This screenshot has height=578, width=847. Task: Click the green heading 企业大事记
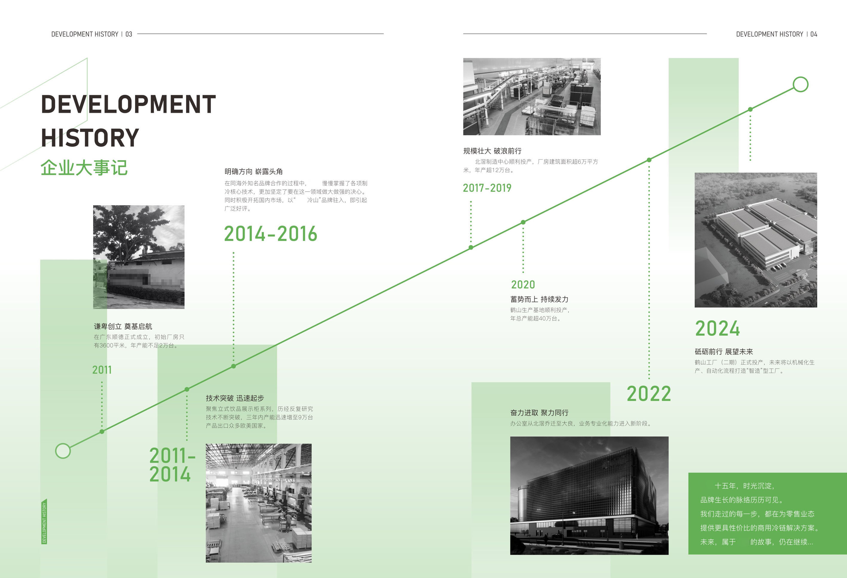tap(84, 168)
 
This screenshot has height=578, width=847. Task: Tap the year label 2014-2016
tap(270, 234)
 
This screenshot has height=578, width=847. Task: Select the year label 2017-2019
tap(487, 188)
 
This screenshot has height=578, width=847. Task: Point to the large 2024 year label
tap(717, 328)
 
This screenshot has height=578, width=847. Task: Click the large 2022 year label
tap(649, 394)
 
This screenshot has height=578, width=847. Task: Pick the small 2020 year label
tap(523, 285)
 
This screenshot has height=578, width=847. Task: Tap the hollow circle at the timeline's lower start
tap(63, 451)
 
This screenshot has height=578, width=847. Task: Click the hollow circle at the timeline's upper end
tap(800, 84)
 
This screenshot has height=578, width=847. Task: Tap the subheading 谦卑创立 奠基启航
tap(123, 326)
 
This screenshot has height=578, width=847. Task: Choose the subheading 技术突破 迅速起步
tap(235, 398)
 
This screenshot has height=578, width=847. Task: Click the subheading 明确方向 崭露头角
tap(253, 172)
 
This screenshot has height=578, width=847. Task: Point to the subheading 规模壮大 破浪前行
tap(492, 151)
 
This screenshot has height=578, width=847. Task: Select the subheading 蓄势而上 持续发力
tap(539, 299)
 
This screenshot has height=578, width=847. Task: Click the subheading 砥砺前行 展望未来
tap(723, 351)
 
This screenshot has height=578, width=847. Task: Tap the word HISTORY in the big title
tap(90, 138)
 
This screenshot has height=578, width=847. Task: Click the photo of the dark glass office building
tap(589, 495)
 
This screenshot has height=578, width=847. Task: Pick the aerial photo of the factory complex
tap(756, 240)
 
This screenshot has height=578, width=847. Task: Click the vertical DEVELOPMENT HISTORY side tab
tap(44, 522)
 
